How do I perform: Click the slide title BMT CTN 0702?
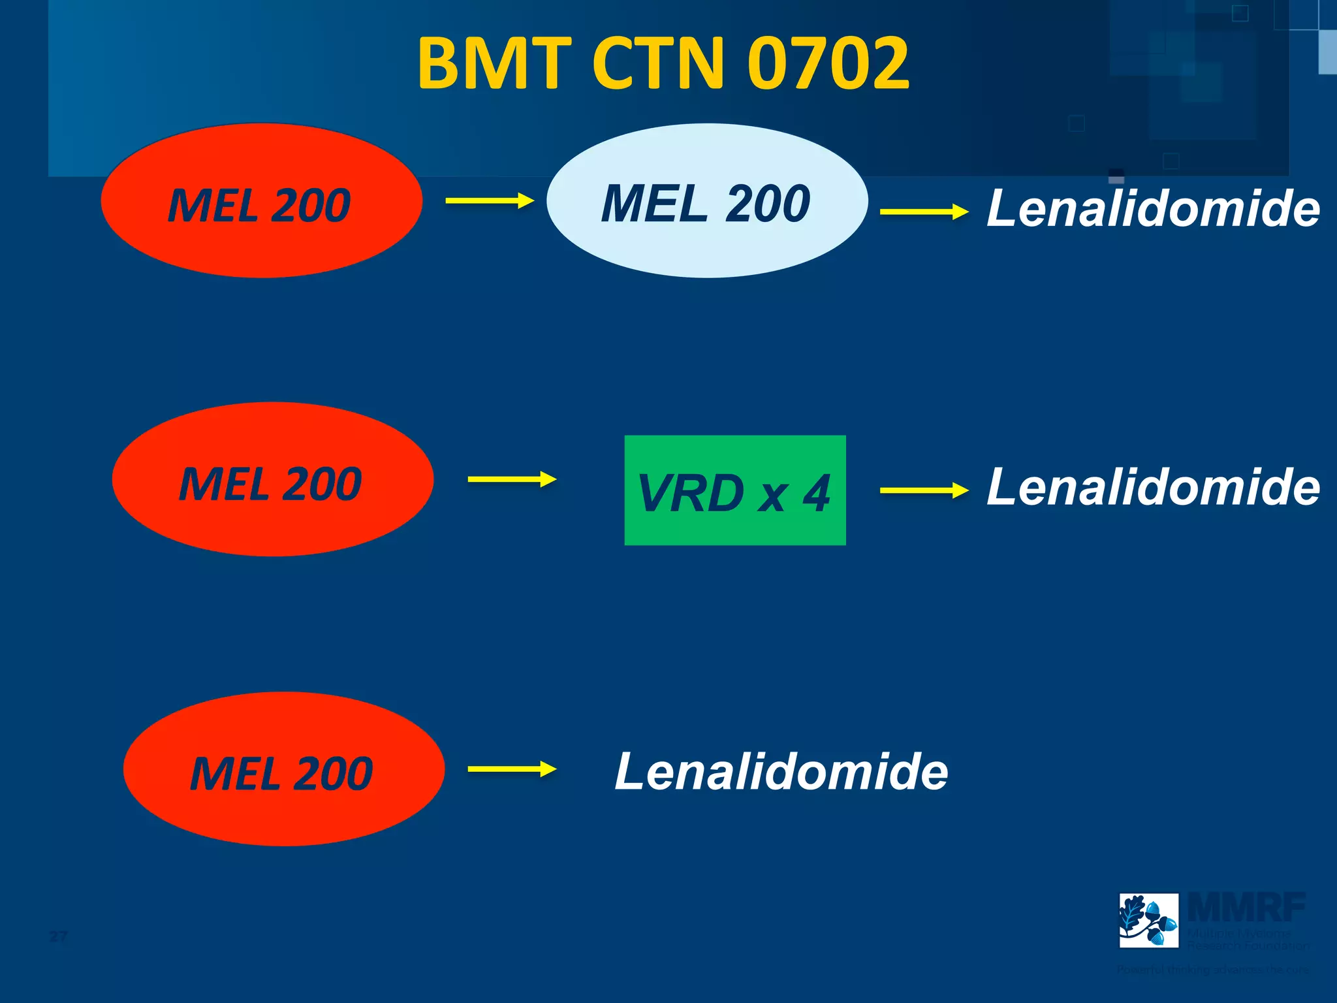tap(663, 63)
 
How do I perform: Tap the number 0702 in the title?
tap(828, 63)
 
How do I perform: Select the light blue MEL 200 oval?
tap(707, 201)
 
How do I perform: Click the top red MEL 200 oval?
tap(261, 201)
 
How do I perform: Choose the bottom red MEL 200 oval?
tap(283, 769)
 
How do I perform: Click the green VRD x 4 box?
tap(735, 490)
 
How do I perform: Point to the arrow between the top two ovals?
tap(490, 201)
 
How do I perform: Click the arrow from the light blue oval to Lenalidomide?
tap(924, 212)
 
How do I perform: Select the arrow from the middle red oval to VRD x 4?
tap(512, 479)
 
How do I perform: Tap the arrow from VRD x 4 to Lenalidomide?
tap(924, 490)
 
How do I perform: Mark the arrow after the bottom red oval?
tap(512, 769)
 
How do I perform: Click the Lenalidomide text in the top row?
tap(1153, 208)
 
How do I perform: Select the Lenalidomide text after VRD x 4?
tap(1153, 487)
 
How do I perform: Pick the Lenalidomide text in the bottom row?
tap(781, 772)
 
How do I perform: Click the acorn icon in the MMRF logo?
tap(1148, 920)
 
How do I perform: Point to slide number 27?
tap(58, 936)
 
